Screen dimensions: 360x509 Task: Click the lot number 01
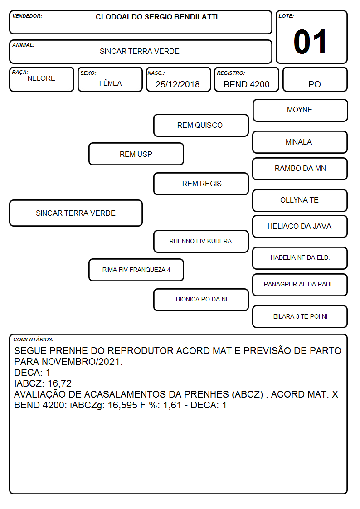tap(310, 42)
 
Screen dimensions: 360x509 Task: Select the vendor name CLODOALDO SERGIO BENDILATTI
tap(156, 17)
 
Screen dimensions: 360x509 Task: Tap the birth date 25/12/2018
tap(178, 84)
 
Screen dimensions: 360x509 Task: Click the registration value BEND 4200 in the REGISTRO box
tap(246, 84)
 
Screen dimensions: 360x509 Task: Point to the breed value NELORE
tap(41, 78)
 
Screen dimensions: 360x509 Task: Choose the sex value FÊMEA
tap(110, 83)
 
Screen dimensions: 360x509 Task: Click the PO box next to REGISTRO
tap(315, 79)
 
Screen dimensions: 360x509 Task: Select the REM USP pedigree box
tap(136, 154)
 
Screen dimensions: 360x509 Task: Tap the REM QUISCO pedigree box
tap(201, 125)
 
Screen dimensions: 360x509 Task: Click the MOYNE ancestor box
tap(300, 111)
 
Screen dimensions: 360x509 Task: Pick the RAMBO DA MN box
tap(300, 169)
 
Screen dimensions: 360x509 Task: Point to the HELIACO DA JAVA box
tap(300, 227)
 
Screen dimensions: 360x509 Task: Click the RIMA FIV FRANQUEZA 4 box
tap(136, 270)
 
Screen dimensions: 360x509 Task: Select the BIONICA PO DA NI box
tap(201, 300)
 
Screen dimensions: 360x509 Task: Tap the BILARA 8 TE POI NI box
tap(300, 316)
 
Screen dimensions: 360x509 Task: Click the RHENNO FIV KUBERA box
tap(201, 241)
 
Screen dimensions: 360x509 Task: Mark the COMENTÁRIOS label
tap(34, 339)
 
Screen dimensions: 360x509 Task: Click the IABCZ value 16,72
tap(59, 383)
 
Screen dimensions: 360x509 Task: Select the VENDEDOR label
tap(27, 16)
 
